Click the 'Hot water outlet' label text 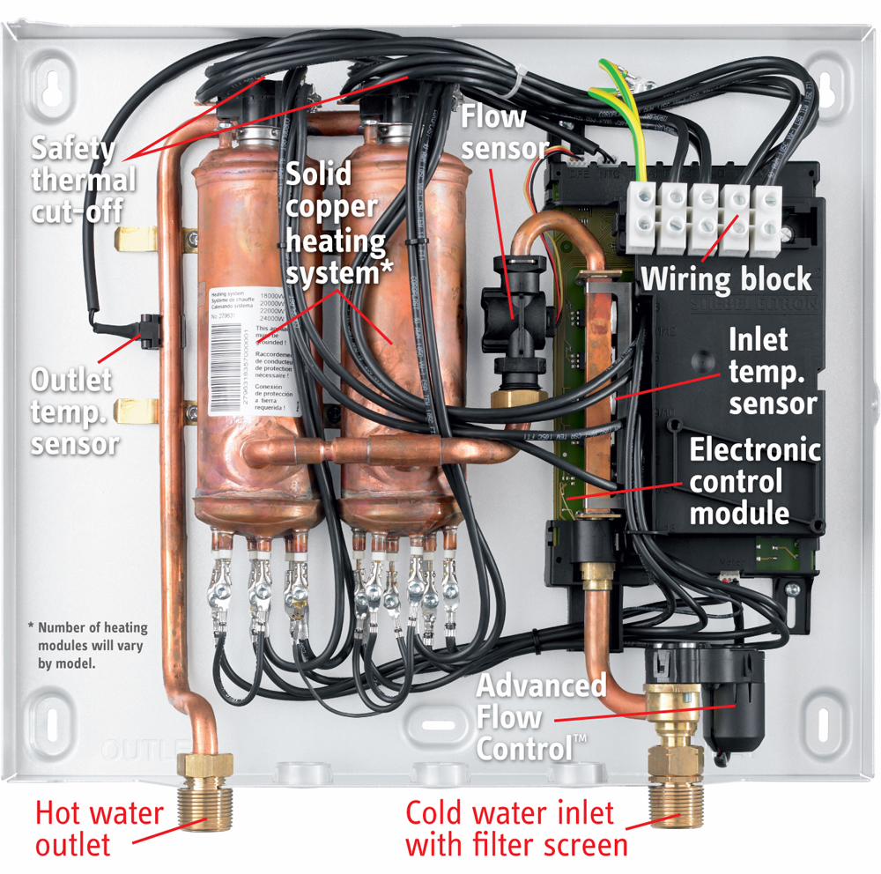99,827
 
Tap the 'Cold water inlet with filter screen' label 516,827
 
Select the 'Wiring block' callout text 726,279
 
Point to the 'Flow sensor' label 505,132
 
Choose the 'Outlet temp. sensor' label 74,411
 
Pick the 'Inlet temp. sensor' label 773,372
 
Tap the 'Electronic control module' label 754,480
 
